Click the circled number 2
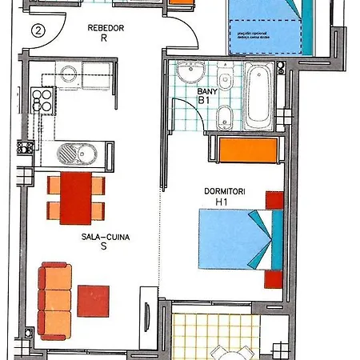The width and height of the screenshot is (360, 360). (x=38, y=31)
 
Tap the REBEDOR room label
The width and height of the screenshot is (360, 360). (x=106, y=29)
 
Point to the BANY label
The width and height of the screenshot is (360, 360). (x=206, y=91)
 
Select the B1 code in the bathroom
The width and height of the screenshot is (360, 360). (x=204, y=101)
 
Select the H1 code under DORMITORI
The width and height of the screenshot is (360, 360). (x=222, y=202)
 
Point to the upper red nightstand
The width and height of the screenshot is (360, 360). (x=274, y=199)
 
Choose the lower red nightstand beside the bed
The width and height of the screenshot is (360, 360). (x=274, y=279)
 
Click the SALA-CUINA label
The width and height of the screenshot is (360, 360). (x=105, y=237)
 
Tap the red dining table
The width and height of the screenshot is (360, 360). (x=77, y=198)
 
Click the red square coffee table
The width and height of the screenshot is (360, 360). (x=94, y=301)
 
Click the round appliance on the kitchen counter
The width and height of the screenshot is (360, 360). (x=69, y=74)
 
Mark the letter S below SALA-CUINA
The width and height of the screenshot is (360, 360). (x=104, y=247)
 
